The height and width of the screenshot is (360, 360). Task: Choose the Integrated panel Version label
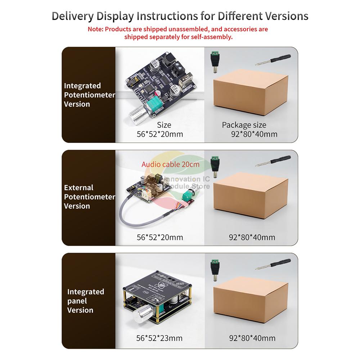coord(85,301)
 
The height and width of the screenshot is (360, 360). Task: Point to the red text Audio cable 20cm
coord(170,165)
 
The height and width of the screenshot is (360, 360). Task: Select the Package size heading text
coord(244,125)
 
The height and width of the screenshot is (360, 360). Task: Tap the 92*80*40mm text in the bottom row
coord(252,338)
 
